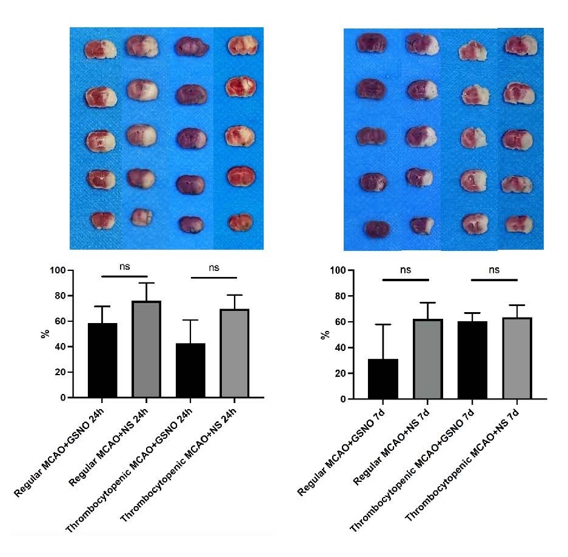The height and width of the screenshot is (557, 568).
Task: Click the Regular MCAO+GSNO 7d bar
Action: tap(383, 379)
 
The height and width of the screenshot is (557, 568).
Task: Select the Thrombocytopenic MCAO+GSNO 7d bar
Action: tap(472, 360)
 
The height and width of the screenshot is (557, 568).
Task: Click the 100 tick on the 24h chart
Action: tap(58, 270)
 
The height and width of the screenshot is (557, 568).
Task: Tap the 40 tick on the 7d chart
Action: tap(341, 348)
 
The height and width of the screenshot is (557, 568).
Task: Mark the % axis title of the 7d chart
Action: tap(326, 335)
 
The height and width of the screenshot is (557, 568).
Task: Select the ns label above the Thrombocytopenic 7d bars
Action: tap(494, 270)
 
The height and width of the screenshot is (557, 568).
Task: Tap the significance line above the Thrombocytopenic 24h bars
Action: tap(213, 278)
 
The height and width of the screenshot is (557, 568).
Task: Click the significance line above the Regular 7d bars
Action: tap(406, 279)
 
